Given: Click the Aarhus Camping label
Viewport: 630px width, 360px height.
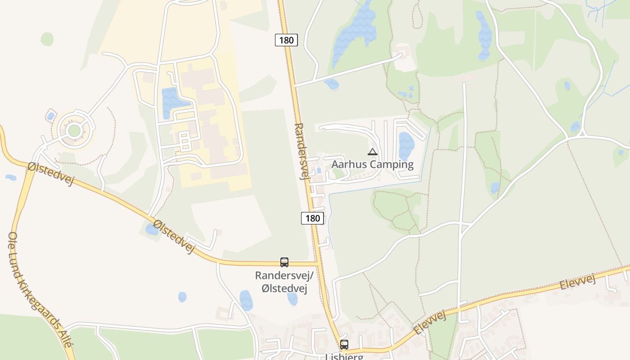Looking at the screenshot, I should (372, 164).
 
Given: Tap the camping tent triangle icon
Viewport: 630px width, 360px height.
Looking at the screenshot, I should (372, 152).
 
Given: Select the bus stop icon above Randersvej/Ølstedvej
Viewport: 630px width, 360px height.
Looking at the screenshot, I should (284, 262).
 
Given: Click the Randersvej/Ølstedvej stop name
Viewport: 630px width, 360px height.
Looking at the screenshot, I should (284, 282).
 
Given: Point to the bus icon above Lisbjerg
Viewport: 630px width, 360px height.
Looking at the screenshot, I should (344, 345).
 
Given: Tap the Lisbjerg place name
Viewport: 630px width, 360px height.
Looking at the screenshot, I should (344, 356).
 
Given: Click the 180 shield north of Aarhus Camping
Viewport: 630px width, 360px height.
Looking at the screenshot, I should (286, 40).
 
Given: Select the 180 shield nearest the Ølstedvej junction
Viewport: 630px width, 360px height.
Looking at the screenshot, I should (312, 219).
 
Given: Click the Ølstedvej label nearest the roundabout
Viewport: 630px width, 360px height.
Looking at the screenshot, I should (50, 173).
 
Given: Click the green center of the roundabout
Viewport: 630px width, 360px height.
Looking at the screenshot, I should (74, 131).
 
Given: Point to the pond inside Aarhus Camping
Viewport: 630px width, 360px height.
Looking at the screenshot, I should (406, 146).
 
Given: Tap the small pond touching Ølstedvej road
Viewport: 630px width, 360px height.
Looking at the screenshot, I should (152, 229).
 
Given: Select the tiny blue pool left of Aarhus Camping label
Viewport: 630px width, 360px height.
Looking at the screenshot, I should (319, 171).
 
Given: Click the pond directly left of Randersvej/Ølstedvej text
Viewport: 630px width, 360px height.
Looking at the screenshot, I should (246, 300).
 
